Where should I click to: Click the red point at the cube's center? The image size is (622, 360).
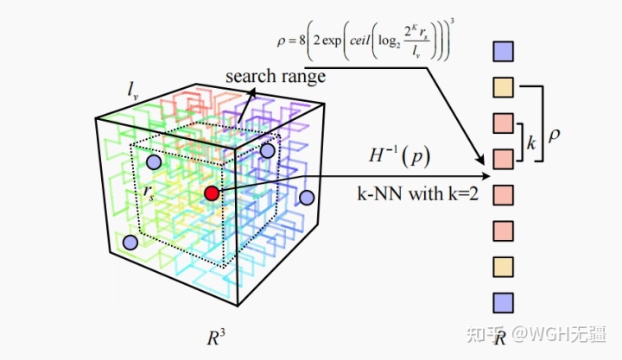click(212, 193)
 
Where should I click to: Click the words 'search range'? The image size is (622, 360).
click(276, 76)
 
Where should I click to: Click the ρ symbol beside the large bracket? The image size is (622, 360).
click(553, 136)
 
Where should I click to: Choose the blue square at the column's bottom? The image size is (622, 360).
click(502, 301)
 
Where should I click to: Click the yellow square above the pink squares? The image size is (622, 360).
click(502, 87)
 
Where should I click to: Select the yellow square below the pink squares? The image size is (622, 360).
click(502, 265)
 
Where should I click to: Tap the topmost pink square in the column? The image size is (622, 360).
click(502, 123)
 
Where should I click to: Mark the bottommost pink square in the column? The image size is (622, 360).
click(502, 230)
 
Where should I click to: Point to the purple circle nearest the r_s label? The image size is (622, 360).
click(153, 162)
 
